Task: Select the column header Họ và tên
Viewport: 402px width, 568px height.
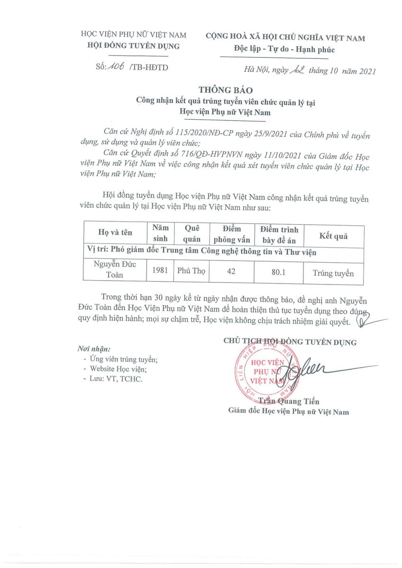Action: [x=115, y=232]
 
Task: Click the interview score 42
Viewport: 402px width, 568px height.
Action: [x=231, y=272]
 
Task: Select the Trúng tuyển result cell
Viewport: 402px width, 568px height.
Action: [x=333, y=273]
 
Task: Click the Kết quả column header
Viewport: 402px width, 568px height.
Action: [x=333, y=236]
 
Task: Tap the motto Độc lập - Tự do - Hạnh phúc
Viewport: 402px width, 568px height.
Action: [x=284, y=50]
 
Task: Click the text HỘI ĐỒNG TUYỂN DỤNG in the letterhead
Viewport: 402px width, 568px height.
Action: [x=134, y=46]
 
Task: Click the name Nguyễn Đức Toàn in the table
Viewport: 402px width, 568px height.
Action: [x=115, y=269]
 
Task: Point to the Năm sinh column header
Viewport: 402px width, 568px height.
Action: [x=160, y=232]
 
